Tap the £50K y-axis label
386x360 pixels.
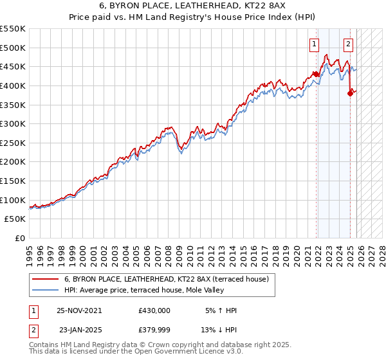(15, 219)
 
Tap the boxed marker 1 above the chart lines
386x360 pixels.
(314, 44)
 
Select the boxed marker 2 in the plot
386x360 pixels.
(348, 44)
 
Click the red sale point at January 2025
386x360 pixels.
(350, 93)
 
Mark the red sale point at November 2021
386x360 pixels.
(317, 74)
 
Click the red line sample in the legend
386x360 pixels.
(44, 279)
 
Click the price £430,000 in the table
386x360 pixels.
(154, 310)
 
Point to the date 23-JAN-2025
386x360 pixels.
(80, 330)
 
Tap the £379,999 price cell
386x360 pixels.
(154, 330)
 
